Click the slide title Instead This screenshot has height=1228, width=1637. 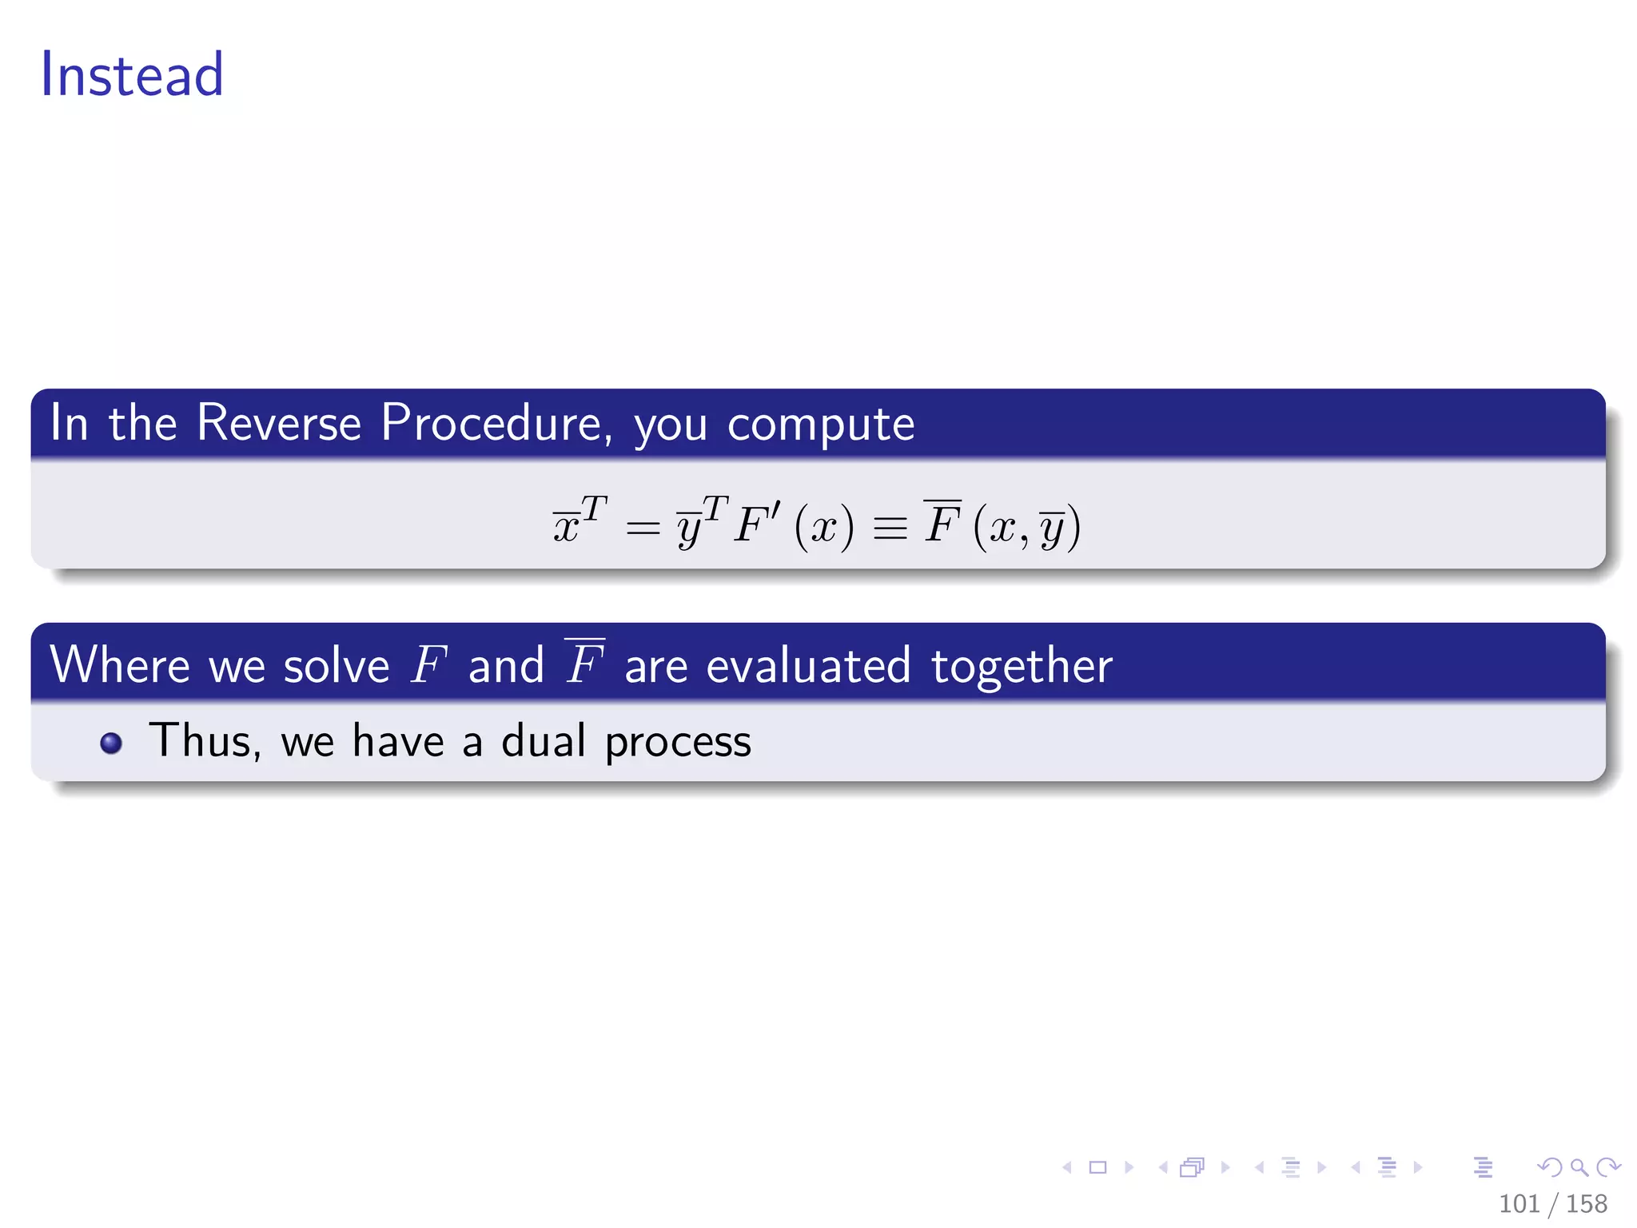(132, 74)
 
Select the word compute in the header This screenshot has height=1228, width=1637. (821, 424)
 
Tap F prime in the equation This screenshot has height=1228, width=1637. (758, 524)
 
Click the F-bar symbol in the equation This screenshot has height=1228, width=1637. (942, 523)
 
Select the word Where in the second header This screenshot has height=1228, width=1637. (120, 664)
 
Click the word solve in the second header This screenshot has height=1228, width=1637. (337, 666)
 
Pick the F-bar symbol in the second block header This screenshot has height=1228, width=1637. (584, 664)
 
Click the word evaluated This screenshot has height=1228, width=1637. (808, 666)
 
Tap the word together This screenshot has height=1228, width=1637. (1022, 666)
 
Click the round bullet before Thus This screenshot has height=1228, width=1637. (111, 744)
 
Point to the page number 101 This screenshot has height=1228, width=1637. (1519, 1203)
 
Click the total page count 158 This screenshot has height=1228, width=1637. (1587, 1203)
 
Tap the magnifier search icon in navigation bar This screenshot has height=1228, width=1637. (1579, 1167)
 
